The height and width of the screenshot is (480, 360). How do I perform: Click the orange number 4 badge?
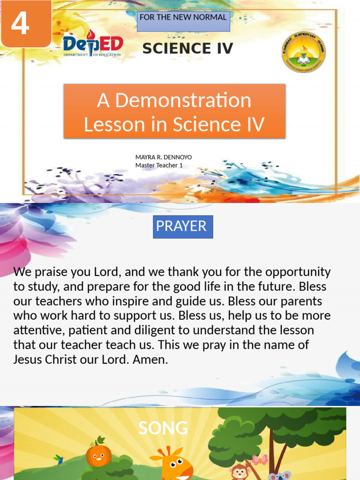click(x=25, y=23)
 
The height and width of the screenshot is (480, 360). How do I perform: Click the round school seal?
click(x=303, y=52)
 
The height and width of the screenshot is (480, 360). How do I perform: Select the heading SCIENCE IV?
click(x=187, y=48)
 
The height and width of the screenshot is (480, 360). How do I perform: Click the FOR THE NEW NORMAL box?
click(x=183, y=22)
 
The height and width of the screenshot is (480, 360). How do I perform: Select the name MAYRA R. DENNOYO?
click(x=164, y=157)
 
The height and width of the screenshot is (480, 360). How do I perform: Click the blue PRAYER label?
click(x=183, y=226)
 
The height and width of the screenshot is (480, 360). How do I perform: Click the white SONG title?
click(x=163, y=428)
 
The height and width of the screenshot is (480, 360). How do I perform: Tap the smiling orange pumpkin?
click(x=98, y=454)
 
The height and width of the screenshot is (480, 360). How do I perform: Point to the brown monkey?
click(x=240, y=471)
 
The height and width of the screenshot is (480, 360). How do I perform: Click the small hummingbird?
click(x=59, y=459)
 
